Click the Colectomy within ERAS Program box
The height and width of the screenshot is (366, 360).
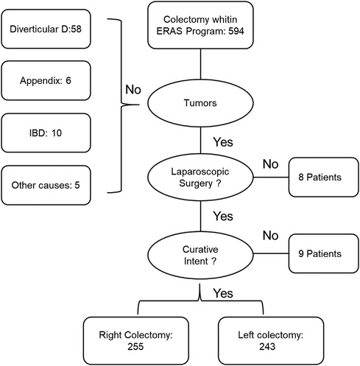tap(200, 27)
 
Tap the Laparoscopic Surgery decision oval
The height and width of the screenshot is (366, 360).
tap(200, 177)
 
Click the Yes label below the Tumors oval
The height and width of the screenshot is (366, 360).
tap(224, 139)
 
